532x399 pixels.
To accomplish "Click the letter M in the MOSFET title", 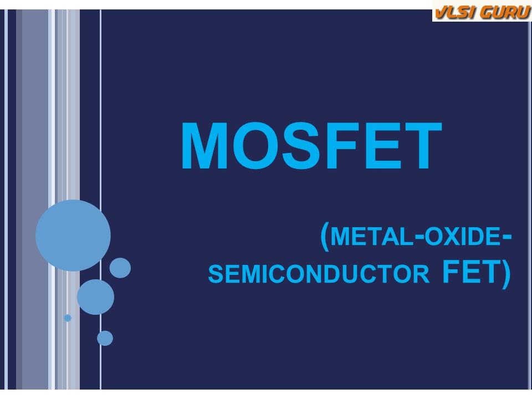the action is pos(204,146).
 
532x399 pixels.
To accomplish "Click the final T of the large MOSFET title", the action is pos(423,146).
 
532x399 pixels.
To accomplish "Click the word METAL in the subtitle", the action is pos(371,236).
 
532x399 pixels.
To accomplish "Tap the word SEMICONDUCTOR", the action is pos(319,274).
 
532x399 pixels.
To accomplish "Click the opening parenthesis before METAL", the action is pos(325,237).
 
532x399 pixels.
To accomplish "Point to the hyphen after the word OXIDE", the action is pos(507,238).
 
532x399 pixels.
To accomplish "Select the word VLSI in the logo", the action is pos(454,12).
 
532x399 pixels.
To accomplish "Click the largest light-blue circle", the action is pos(73,236).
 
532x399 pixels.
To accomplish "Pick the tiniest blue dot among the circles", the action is pos(68,318).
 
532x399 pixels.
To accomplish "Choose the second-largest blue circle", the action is pos(96,297).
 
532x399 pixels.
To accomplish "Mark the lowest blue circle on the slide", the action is pos(105,338).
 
